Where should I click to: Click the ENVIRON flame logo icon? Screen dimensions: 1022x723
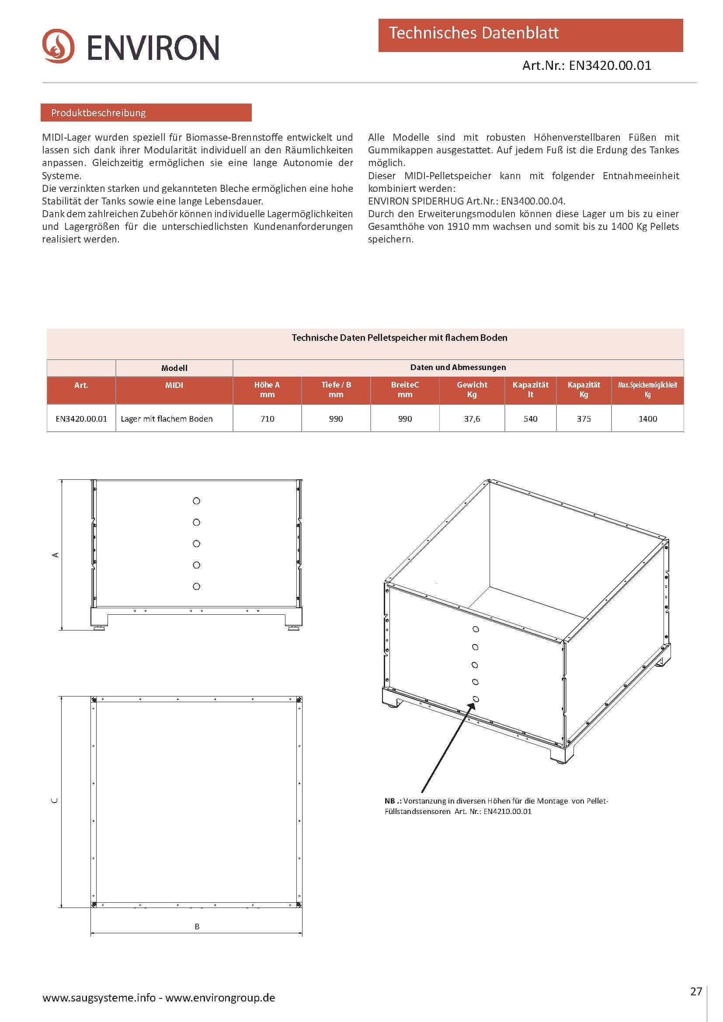58,46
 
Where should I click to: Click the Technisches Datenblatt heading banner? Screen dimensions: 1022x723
530,35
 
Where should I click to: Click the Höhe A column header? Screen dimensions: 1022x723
267,389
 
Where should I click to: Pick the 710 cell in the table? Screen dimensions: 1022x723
267,419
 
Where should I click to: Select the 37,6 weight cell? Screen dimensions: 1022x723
472,419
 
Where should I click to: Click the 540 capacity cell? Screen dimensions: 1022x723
530,419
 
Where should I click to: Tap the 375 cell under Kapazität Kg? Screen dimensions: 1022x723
584,419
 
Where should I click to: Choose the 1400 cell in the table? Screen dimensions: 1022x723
647,419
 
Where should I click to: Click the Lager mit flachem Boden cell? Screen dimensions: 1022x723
167,419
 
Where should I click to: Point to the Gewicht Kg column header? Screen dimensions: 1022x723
472,389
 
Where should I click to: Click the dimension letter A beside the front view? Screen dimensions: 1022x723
56,554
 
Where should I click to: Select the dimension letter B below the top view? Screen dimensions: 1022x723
197,926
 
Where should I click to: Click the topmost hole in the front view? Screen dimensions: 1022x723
196,501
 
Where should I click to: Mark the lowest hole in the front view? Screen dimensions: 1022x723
196,586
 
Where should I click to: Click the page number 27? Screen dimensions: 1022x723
696,991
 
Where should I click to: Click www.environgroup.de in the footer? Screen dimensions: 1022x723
220,998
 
